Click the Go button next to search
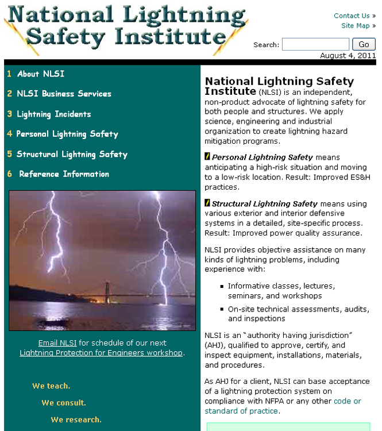coord(364,44)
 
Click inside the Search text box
coord(315,44)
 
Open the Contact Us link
coord(352,16)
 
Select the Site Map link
coord(356,26)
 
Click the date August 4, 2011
coord(348,56)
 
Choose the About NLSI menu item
coord(40,74)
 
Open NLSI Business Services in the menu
coord(64,94)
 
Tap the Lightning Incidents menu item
coord(53,114)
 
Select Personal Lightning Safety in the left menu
coord(67,134)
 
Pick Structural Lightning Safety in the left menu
coord(72,154)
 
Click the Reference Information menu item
coord(64,174)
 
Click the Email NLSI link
coord(57,343)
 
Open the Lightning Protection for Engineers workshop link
coord(101,353)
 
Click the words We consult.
coord(64,403)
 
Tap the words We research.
coord(76,420)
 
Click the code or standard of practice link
coord(242,411)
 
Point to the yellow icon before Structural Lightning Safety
coord(207,203)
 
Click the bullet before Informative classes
coord(222,286)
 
